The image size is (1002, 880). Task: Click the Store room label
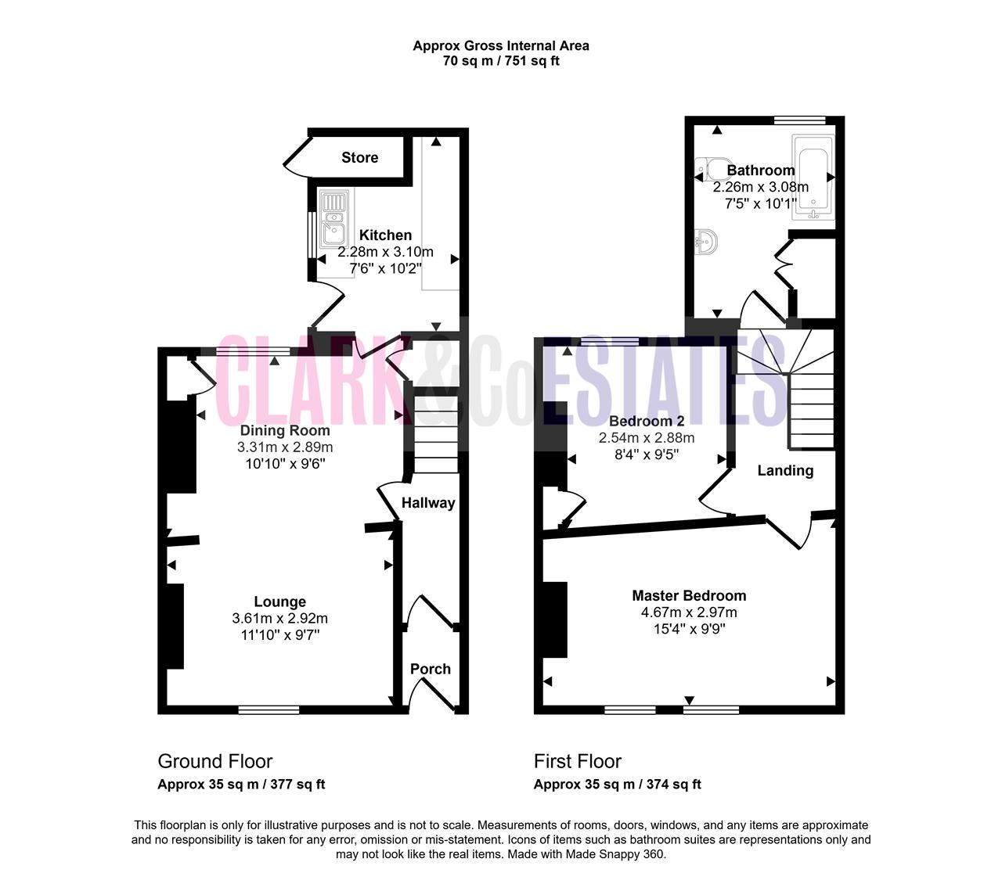pyautogui.click(x=359, y=158)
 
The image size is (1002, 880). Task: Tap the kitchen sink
pyautogui.click(x=333, y=218)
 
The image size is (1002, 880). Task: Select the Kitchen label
pyautogui.click(x=385, y=235)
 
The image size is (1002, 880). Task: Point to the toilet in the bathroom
pyautogui.click(x=712, y=170)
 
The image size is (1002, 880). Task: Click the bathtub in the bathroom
pyautogui.click(x=813, y=177)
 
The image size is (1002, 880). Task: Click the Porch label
pyautogui.click(x=431, y=669)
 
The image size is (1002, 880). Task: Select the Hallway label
pyautogui.click(x=428, y=503)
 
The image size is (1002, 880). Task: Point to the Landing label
pyautogui.click(x=785, y=470)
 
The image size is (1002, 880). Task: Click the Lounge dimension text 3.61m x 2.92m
pyautogui.click(x=280, y=618)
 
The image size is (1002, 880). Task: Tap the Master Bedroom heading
pyautogui.click(x=689, y=595)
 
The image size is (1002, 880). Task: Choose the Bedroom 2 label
pyautogui.click(x=647, y=421)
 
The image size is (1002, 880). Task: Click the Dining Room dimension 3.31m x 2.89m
pyautogui.click(x=285, y=447)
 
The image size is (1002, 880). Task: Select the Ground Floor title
pyautogui.click(x=215, y=761)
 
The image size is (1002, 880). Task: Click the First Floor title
pyautogui.click(x=577, y=761)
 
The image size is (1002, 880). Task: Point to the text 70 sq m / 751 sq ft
pyautogui.click(x=501, y=61)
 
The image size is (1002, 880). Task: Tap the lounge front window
pyautogui.click(x=269, y=710)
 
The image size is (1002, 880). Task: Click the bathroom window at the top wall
pyautogui.click(x=800, y=120)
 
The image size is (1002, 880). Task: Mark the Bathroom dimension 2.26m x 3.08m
pyautogui.click(x=761, y=187)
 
